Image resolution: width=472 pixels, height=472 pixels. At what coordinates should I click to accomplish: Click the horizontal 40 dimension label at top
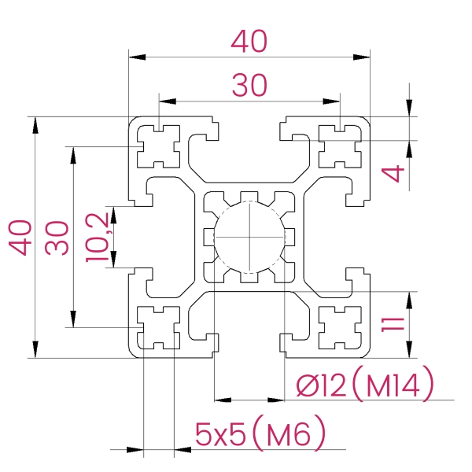click(x=249, y=41)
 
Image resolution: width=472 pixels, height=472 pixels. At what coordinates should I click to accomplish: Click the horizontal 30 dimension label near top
click(x=249, y=86)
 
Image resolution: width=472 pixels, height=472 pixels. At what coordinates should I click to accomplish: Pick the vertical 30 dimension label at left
click(x=57, y=238)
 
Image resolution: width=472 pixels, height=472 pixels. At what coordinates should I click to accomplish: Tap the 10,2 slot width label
click(x=97, y=238)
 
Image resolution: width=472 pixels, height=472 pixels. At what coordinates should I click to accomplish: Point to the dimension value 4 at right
click(x=393, y=173)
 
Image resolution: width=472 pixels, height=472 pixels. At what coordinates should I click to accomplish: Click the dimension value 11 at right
click(x=393, y=324)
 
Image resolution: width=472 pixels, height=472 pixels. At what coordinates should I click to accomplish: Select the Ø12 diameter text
click(x=321, y=386)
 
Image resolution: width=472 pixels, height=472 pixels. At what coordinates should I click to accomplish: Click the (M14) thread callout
click(x=393, y=384)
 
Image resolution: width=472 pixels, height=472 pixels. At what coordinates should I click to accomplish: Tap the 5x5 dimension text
click(x=220, y=434)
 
